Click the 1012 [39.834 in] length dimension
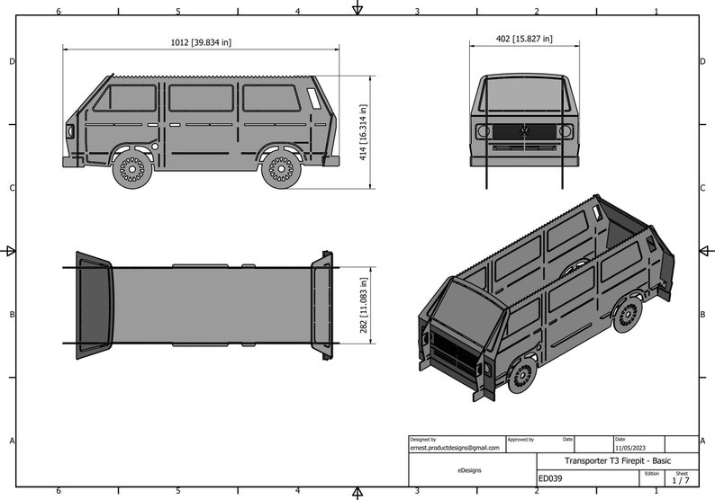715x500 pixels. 201,42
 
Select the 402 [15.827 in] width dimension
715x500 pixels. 525,40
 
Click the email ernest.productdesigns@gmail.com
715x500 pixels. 455,447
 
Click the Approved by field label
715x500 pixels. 520,439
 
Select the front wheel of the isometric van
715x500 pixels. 521,376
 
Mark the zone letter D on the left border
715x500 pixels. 11,61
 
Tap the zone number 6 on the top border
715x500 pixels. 59,12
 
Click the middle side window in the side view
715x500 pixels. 201,98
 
